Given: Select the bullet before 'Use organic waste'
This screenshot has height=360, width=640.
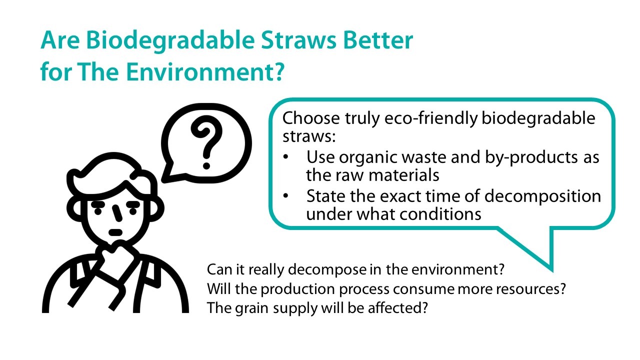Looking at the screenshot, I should coord(285,157).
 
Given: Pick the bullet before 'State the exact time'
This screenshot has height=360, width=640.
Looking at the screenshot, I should coord(285,196).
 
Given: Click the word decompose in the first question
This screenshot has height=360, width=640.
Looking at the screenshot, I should coord(326,270).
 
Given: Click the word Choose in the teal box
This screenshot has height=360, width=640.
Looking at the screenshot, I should coord(309,119).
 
